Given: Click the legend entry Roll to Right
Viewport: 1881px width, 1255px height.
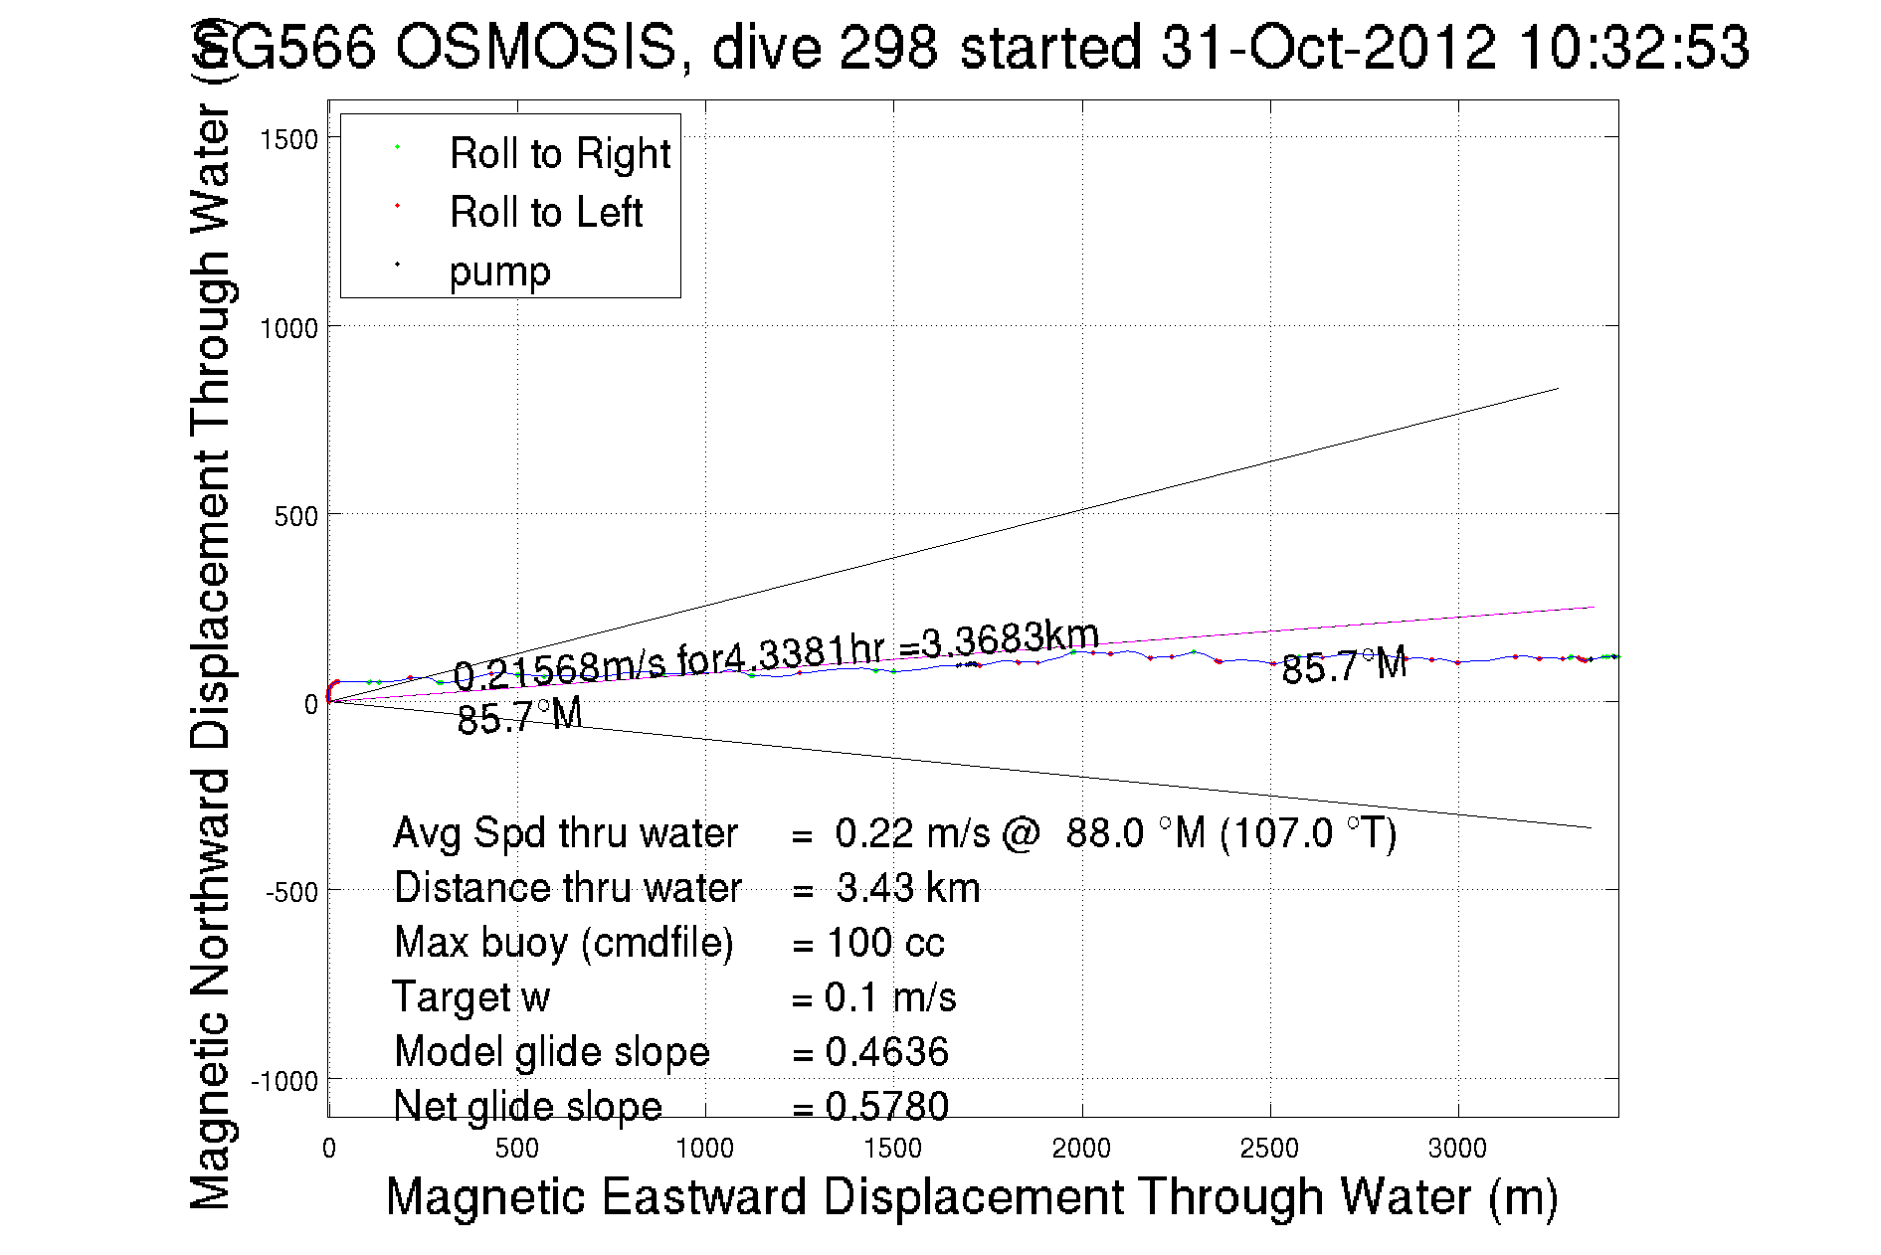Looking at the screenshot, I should pos(559,154).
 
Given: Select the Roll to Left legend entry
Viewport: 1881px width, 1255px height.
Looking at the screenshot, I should pos(545,213).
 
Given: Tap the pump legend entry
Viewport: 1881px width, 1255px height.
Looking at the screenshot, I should pos(499,271).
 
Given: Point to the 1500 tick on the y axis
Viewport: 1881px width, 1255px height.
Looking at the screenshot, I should pos(288,139).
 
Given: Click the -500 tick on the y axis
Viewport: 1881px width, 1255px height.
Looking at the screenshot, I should pos(291,892).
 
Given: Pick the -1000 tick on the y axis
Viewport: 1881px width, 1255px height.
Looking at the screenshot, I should pos(284,1081).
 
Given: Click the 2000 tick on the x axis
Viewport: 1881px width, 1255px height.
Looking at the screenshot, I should pos(1081,1149).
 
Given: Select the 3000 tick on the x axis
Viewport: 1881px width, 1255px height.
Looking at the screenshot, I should pos(1457,1149).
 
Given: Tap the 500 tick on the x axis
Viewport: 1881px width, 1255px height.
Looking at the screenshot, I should pos(517,1149).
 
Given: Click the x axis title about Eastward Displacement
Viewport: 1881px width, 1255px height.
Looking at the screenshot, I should pos(971,1196).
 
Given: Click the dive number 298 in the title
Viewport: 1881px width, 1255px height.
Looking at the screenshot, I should pos(888,47).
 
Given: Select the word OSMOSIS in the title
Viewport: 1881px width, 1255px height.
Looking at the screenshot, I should pos(536,47).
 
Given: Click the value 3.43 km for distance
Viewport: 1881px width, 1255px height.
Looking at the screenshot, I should pos(907,888).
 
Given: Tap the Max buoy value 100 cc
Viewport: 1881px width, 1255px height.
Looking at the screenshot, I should pos(885,943).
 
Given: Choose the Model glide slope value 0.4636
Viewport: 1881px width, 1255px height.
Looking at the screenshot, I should pos(886,1052).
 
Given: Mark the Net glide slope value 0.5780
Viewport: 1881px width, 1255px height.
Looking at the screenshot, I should pos(886,1106).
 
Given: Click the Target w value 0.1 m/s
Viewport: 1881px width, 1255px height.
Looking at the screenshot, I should pos(889,997).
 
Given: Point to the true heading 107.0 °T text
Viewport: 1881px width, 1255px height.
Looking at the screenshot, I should pos(1309,833).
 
